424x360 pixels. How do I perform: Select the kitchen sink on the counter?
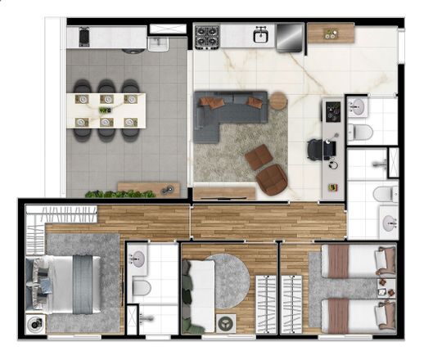pyautogui.click(x=260, y=35)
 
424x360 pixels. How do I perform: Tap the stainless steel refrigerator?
pyautogui.click(x=289, y=37)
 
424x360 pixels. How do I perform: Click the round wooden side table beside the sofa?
pyautogui.click(x=278, y=101)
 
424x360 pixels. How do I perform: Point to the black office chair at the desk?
pyautogui.click(x=318, y=150)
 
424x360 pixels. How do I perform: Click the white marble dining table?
pyautogui.click(x=107, y=111)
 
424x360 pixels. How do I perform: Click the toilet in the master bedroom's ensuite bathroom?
pyautogui.click(x=140, y=287)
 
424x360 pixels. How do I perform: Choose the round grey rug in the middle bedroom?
pyautogui.click(x=225, y=281)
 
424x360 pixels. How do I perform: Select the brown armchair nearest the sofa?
pyautogui.click(x=259, y=157)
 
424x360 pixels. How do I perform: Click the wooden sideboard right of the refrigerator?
pyautogui.click(x=330, y=34)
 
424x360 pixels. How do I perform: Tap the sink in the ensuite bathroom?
pyautogui.click(x=138, y=259)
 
